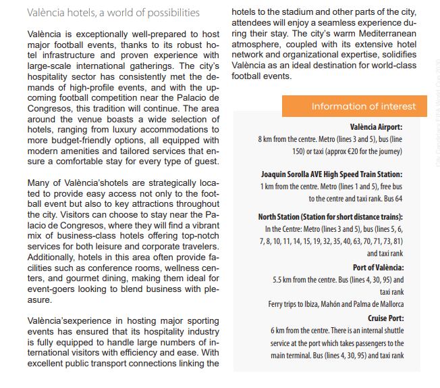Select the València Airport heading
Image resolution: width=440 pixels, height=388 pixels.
pyautogui.click(x=376, y=126)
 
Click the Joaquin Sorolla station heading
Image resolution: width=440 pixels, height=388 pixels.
pyautogui.click(x=331, y=174)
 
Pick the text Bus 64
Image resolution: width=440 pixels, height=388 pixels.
pyautogui.click(x=394, y=198)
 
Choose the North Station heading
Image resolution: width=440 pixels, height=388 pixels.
pyautogui.click(x=330, y=217)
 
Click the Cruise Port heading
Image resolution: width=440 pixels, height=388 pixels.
pyautogui.click(x=385, y=318)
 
